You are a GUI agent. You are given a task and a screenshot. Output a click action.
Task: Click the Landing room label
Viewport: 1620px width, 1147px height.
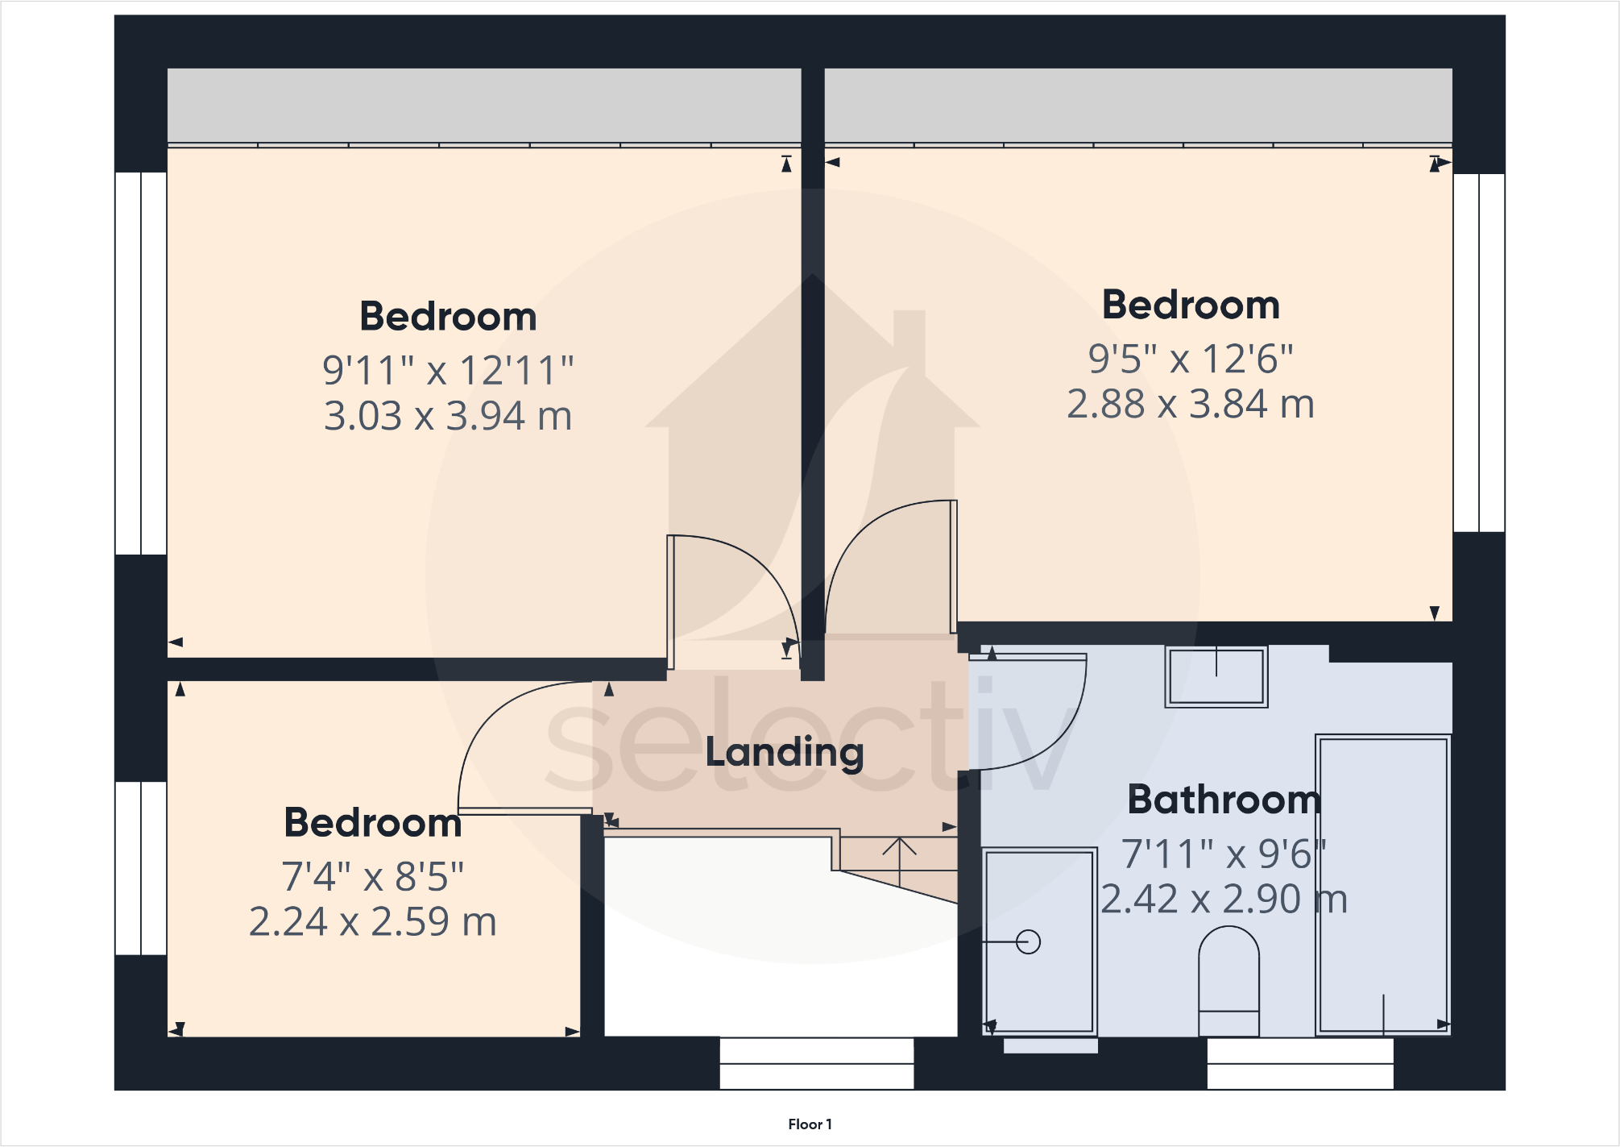point(784,753)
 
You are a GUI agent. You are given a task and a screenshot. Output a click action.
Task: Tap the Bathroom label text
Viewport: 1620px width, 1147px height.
point(1223,800)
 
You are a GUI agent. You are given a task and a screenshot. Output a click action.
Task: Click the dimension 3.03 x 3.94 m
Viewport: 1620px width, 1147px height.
point(448,417)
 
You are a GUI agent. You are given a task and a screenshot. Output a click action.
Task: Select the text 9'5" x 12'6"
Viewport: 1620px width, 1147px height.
point(1190,359)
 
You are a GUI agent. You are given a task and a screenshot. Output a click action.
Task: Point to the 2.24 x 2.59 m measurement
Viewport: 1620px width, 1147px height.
point(372,922)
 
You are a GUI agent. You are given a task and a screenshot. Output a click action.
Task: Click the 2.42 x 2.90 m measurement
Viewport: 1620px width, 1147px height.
point(1223,899)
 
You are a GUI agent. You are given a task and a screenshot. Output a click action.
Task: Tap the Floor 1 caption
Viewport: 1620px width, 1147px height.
point(810,1124)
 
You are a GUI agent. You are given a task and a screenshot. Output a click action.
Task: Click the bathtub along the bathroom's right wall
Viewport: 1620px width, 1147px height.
point(1382,883)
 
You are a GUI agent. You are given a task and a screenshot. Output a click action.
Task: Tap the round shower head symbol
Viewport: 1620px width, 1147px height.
point(1028,941)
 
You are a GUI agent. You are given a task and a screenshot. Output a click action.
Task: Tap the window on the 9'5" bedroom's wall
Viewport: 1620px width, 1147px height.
point(1479,352)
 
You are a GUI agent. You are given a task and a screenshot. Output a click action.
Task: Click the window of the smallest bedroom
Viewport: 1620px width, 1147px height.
point(141,868)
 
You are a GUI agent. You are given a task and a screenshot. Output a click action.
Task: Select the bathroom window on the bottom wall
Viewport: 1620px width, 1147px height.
point(1299,1064)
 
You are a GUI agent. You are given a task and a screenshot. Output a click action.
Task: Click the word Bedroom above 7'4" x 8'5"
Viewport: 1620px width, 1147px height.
point(372,823)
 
